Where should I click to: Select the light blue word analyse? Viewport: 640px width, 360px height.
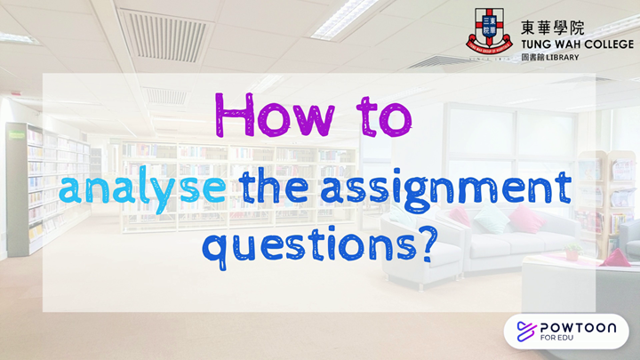click(x=142, y=188)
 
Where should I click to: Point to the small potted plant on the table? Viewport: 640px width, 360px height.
click(x=572, y=252)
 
